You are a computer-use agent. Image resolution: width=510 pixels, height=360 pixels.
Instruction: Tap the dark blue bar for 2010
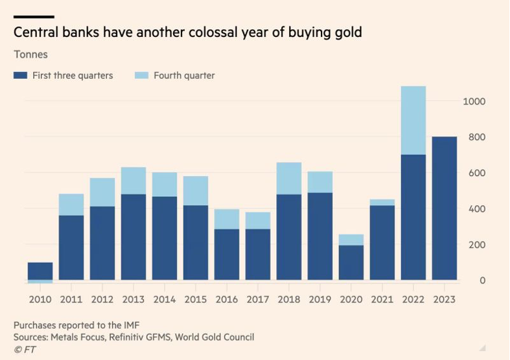[40, 271]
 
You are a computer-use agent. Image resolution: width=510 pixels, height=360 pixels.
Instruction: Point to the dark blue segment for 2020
[351, 263]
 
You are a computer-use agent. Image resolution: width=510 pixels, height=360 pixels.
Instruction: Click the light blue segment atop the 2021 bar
[382, 202]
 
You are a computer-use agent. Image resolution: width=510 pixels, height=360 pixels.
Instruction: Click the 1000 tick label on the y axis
[474, 102]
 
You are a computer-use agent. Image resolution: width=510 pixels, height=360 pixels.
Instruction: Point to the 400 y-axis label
[474, 209]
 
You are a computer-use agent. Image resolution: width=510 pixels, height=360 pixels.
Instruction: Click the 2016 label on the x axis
[227, 300]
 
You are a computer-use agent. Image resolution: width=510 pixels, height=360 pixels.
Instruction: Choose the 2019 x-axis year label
[320, 300]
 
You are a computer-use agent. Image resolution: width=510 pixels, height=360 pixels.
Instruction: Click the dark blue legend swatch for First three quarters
[20, 76]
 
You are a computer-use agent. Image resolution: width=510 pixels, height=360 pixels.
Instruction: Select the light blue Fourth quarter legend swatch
[141, 76]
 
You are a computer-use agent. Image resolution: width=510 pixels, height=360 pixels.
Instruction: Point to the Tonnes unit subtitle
[30, 54]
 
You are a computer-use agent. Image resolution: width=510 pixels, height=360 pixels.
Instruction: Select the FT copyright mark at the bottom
[24, 350]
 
